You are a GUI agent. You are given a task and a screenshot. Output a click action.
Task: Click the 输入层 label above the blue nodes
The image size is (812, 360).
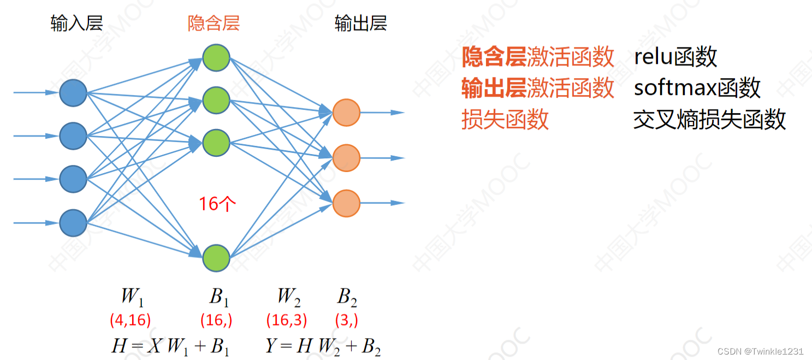click(x=76, y=23)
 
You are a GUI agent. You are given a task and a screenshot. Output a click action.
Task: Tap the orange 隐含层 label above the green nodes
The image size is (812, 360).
click(x=214, y=23)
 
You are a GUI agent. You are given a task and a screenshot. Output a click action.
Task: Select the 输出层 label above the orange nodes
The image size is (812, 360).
click(x=360, y=23)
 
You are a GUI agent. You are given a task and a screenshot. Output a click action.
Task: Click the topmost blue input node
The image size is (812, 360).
click(x=73, y=93)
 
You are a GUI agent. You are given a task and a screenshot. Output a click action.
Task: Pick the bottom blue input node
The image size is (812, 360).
click(x=73, y=223)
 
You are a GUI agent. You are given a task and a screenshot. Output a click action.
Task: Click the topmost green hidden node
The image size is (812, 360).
click(x=216, y=57)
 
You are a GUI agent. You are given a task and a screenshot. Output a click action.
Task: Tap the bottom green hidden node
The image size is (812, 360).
click(x=216, y=258)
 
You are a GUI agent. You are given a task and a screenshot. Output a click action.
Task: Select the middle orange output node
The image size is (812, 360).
click(x=346, y=158)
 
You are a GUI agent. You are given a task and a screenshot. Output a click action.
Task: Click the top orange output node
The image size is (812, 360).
click(x=346, y=113)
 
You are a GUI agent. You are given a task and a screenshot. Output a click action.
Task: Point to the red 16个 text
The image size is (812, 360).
click(x=217, y=204)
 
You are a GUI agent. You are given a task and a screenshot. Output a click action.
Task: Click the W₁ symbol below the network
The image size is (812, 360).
click(x=132, y=297)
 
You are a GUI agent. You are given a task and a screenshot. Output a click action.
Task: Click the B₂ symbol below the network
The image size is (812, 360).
click(x=347, y=297)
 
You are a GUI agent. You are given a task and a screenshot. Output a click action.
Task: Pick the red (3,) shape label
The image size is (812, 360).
click(x=347, y=320)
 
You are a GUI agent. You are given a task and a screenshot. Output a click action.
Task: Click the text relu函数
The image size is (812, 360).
click(x=675, y=57)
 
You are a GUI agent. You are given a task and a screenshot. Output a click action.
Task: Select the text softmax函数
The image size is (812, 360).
click(x=697, y=87)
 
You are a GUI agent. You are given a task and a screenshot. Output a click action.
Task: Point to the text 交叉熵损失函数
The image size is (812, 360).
click(x=709, y=119)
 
